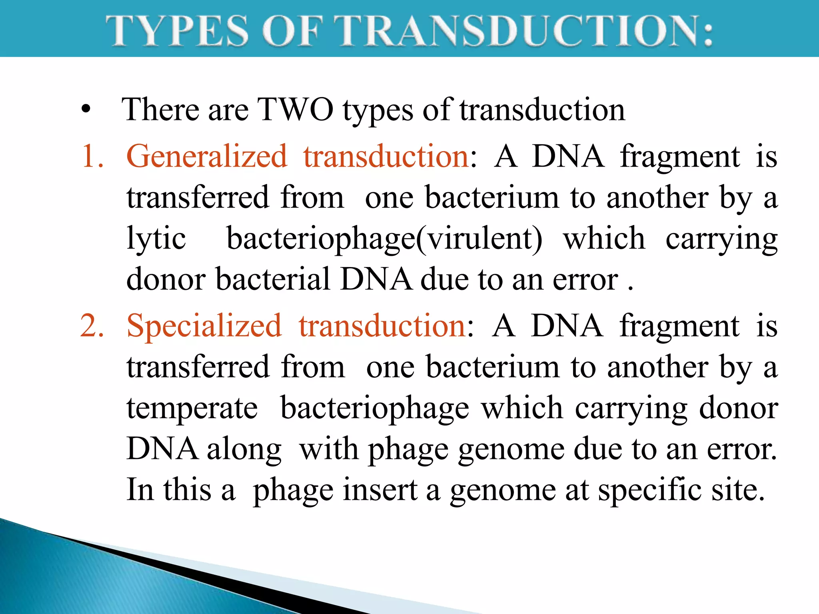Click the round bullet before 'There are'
tap(86, 110)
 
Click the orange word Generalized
tap(206, 156)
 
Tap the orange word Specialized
tap(204, 326)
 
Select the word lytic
tap(156, 239)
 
